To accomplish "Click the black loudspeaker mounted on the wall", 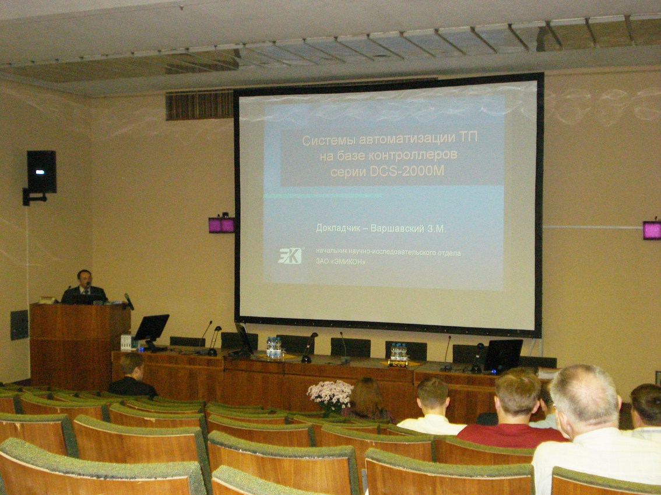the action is tap(41, 172).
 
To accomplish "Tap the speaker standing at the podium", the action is tap(84, 287).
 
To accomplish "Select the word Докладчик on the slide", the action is tap(338, 228).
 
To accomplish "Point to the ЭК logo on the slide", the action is tap(290, 256).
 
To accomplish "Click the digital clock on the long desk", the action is tap(398, 363).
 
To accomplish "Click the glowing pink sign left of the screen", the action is tap(221, 225).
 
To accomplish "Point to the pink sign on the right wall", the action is tap(652, 230).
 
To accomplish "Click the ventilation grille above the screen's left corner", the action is tap(199, 105).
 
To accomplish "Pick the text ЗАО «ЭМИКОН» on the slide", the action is tap(340, 261).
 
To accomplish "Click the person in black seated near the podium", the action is tap(132, 376).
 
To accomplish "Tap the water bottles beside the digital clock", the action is tap(398, 351).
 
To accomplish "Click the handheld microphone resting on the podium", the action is tap(129, 302).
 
